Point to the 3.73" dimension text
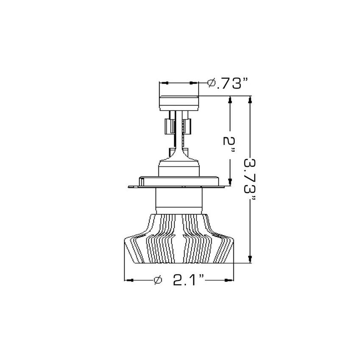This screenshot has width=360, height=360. (x=251, y=177)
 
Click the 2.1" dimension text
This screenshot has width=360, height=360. (x=189, y=280)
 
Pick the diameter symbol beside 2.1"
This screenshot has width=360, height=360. (x=158, y=280)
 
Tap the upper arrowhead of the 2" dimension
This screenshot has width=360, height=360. (x=230, y=100)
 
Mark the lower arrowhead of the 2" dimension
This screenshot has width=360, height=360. (x=230, y=183)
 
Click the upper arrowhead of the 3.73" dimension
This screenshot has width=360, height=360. (x=251, y=100)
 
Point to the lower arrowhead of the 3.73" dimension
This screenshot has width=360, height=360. (x=251, y=259)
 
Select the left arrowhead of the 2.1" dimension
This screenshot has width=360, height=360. (x=128, y=280)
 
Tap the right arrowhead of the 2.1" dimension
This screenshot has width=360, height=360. (x=230, y=280)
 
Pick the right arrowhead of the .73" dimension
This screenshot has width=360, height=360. (x=195, y=83)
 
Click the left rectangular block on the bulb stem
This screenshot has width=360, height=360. (x=168, y=126)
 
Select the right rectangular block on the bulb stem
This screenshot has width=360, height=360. (x=187, y=125)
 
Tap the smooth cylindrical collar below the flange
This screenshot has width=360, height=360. (x=178, y=199)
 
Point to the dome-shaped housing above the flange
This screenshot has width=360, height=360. (x=178, y=168)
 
